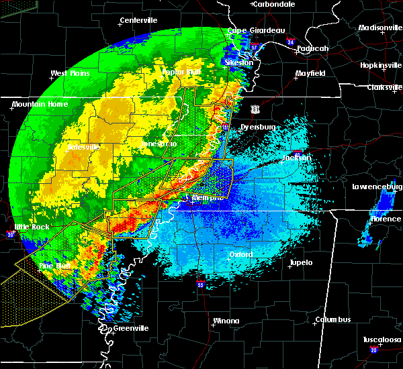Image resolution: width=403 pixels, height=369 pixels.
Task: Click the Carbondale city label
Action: [x=275, y=4]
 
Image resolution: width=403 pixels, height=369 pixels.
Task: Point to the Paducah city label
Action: [x=312, y=48]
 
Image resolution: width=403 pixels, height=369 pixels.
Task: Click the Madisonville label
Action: [x=380, y=28]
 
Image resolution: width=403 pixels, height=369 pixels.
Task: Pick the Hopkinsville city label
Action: [x=379, y=66]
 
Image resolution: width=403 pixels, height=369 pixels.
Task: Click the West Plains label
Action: [x=71, y=73]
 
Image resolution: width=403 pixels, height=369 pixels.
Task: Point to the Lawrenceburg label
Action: [x=378, y=187]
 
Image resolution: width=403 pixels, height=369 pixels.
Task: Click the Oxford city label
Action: [x=240, y=255]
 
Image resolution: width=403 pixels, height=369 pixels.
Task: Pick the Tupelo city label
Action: [x=301, y=262]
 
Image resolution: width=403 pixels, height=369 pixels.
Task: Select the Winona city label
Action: [x=226, y=321]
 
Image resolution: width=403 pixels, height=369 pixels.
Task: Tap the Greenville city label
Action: [x=130, y=328]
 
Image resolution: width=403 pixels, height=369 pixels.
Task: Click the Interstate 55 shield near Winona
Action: [x=201, y=286]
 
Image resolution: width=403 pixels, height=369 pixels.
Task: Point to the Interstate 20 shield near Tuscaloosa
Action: [x=373, y=350]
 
